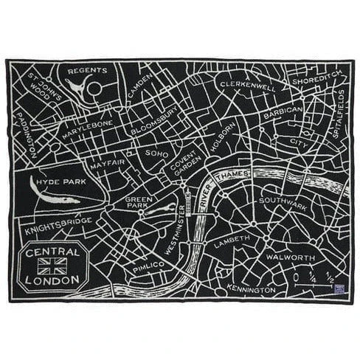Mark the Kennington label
click(252, 287)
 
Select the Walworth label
click(289, 259)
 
